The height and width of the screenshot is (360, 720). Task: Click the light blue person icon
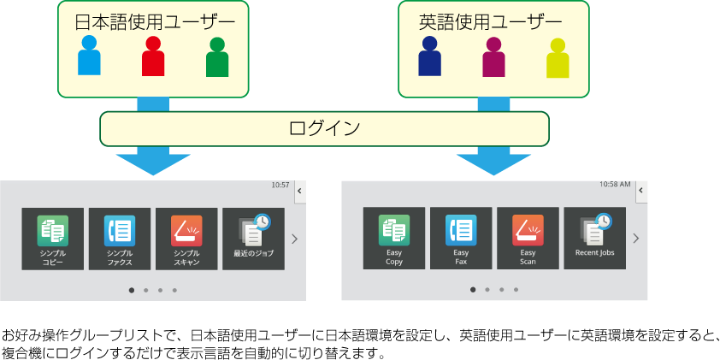pyautogui.click(x=89, y=56)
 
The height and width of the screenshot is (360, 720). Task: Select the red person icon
pyautogui.click(x=153, y=56)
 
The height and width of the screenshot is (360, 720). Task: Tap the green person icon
pyautogui.click(x=217, y=57)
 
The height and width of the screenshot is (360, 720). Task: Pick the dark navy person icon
pyautogui.click(x=429, y=56)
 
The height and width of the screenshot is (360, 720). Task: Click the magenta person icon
pyautogui.click(x=493, y=56)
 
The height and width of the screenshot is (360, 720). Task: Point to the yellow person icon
pyautogui.click(x=558, y=57)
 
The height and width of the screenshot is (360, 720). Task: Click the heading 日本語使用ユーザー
pyautogui.click(x=153, y=21)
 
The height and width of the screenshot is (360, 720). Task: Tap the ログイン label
pyautogui.click(x=324, y=128)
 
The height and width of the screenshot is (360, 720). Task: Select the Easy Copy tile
pyautogui.click(x=394, y=239)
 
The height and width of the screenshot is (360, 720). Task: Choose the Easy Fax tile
pyautogui.click(x=461, y=239)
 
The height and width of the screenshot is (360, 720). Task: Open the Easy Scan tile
pyautogui.click(x=528, y=239)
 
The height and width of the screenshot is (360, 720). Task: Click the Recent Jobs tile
pyautogui.click(x=594, y=239)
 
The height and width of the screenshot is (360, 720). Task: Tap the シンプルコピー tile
pyautogui.click(x=53, y=239)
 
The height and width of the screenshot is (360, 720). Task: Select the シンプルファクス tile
pyautogui.click(x=120, y=239)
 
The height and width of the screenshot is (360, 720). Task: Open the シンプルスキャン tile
pyautogui.click(x=186, y=239)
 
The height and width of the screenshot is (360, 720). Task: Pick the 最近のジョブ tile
pyautogui.click(x=253, y=239)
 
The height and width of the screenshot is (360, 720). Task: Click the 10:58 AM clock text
pyautogui.click(x=615, y=185)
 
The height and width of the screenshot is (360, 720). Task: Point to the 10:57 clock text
pyautogui.click(x=280, y=185)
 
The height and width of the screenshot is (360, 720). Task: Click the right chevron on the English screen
pyautogui.click(x=635, y=239)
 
